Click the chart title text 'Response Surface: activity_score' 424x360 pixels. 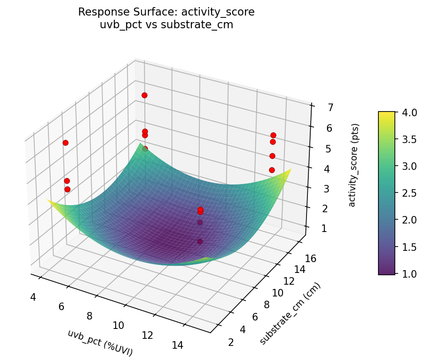[166, 12]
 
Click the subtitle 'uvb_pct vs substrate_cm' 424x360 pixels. [166, 25]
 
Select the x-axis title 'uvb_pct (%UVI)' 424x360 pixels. [100, 343]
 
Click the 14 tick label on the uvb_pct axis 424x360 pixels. [177, 345]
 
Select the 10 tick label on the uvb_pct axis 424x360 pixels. [118, 325]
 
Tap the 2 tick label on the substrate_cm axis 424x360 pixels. [231, 342]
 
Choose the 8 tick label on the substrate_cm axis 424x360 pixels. [267, 304]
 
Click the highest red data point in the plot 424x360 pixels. [144, 95]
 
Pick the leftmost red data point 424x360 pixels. [65, 143]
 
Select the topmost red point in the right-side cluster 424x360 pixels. [273, 135]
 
